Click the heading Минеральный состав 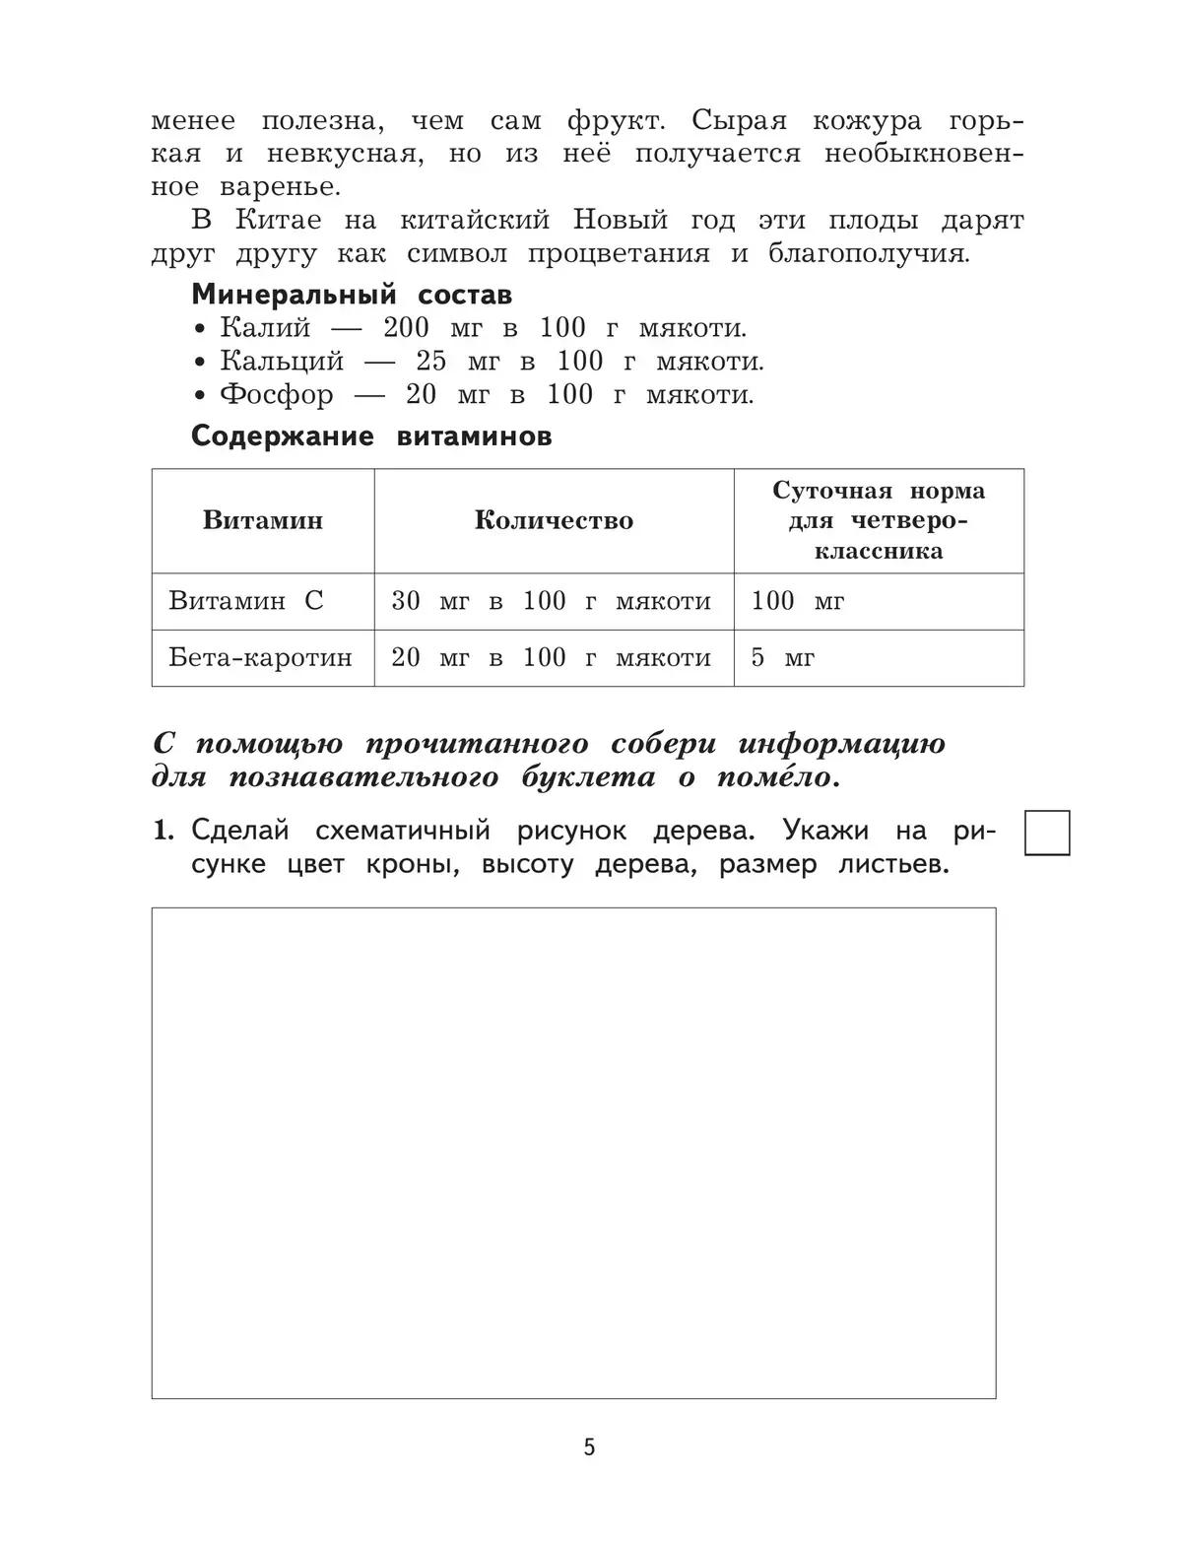pyautogui.click(x=352, y=295)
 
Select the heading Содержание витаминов pyautogui.click(x=371, y=436)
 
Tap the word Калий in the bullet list pyautogui.click(x=265, y=328)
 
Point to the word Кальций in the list pyautogui.click(x=282, y=362)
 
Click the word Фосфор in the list pyautogui.click(x=277, y=395)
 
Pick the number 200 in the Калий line pyautogui.click(x=406, y=328)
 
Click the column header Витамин pyautogui.click(x=263, y=520)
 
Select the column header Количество pyautogui.click(x=554, y=520)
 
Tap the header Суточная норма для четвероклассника pyautogui.click(x=879, y=520)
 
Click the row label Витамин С pyautogui.click(x=246, y=601)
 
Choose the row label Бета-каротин pyautogui.click(x=261, y=657)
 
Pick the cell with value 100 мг pyautogui.click(x=798, y=601)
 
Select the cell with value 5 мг pyautogui.click(x=783, y=657)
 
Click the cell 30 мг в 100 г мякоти pyautogui.click(x=552, y=601)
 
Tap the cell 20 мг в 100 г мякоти pyautogui.click(x=552, y=657)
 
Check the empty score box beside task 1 pyautogui.click(x=1047, y=833)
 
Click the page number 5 pyautogui.click(x=589, y=1447)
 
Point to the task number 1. pyautogui.click(x=163, y=831)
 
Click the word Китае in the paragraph pyautogui.click(x=278, y=220)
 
